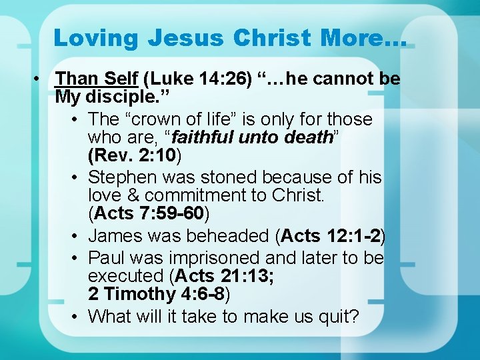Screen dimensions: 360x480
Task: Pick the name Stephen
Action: tap(124, 177)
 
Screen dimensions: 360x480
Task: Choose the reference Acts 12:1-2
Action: tap(331, 236)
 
